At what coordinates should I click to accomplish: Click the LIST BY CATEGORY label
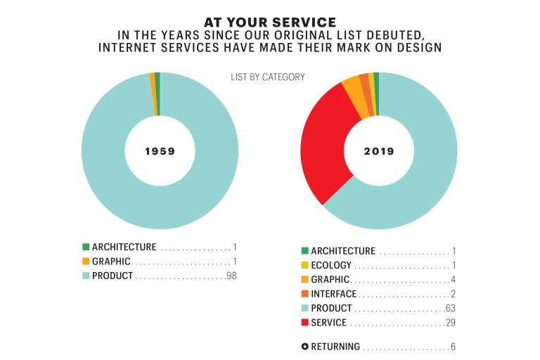point(268,77)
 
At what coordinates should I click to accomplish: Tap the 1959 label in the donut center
point(160,151)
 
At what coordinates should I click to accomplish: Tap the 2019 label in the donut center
point(379,151)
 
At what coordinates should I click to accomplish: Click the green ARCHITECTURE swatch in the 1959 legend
point(86,247)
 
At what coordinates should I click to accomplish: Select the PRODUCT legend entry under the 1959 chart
point(112,276)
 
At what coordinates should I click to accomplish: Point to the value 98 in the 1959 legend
point(232,276)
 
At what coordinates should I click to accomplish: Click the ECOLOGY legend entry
point(331,266)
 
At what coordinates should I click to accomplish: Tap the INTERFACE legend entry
point(333,294)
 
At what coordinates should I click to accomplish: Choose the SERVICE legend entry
point(328,323)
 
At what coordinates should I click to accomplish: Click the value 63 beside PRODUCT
point(451,309)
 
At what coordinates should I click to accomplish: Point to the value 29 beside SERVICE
point(451,323)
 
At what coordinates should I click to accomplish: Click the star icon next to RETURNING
point(304,347)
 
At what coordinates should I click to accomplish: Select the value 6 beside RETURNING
point(454,347)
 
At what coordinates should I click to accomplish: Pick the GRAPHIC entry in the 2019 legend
point(331,280)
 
